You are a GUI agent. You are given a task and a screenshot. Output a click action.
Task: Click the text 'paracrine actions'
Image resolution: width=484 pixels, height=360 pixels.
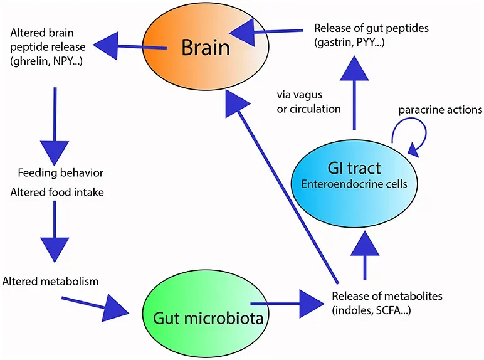pyautogui.click(x=438, y=110)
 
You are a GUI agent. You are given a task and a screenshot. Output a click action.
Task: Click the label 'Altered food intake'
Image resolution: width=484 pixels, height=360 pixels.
pyautogui.click(x=57, y=192)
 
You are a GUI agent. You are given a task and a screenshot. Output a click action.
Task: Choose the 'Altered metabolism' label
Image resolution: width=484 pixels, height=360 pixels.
pyautogui.click(x=51, y=281)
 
